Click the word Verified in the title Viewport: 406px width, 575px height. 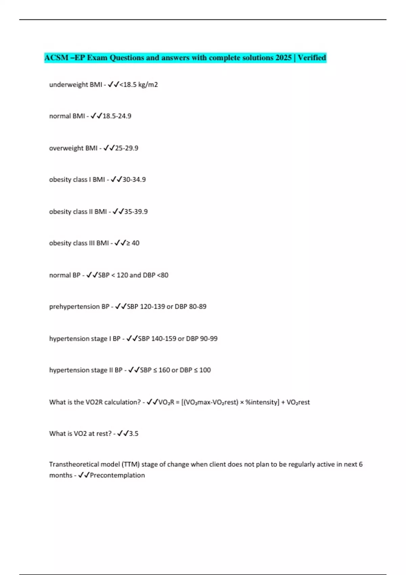tap(312, 58)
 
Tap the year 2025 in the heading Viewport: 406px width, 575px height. tap(284, 58)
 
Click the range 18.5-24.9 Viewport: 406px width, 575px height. tap(117, 116)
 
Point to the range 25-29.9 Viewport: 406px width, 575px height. tap(127, 148)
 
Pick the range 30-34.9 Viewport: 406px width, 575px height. tap(134, 180)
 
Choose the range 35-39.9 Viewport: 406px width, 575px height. tap(136, 212)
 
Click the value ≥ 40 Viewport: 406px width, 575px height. tap(133, 243)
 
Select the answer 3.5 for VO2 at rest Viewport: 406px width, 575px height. tap(134, 434)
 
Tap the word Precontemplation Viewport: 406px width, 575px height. tap(117, 475)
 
